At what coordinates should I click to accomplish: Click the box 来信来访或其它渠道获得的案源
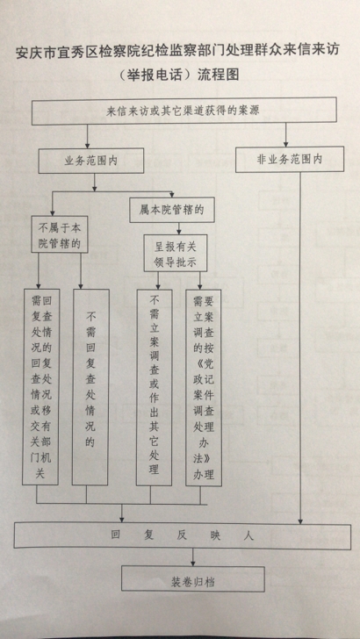coord(184,111)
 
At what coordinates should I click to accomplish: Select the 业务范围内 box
coord(91,160)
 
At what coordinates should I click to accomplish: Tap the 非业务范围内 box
coord(290,159)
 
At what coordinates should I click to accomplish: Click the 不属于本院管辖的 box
coord(60,234)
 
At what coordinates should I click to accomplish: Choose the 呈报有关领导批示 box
coord(176,253)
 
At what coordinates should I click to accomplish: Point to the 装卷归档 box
coord(193,578)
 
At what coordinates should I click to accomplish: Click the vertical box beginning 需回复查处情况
coord(40,387)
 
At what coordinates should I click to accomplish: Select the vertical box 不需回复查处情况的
coord(90,387)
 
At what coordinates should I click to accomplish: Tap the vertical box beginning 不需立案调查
coord(155,388)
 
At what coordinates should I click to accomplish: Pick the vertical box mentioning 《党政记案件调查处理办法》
coord(204,388)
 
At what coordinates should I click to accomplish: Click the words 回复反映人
coord(183,535)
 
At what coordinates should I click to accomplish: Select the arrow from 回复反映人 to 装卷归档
coord(193,557)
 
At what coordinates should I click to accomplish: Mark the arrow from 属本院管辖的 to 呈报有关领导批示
coord(178,228)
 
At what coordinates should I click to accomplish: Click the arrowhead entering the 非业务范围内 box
coord(285,143)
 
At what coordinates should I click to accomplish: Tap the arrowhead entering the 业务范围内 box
coord(87,145)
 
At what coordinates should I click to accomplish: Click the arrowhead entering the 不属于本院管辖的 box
coord(52,212)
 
